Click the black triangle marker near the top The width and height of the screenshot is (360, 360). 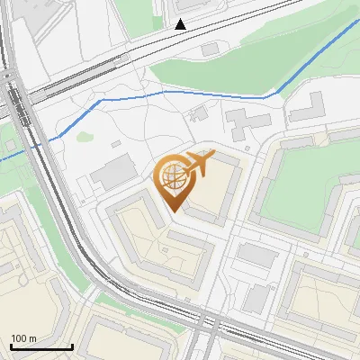(181, 24)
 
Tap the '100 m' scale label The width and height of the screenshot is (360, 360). (24, 338)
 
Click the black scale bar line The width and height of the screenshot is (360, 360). (41, 346)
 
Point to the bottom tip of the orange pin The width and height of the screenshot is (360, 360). (172, 211)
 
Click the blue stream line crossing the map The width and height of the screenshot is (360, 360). (216, 93)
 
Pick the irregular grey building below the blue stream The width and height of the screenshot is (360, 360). (244, 122)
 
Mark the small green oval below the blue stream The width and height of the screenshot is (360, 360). (85, 137)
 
